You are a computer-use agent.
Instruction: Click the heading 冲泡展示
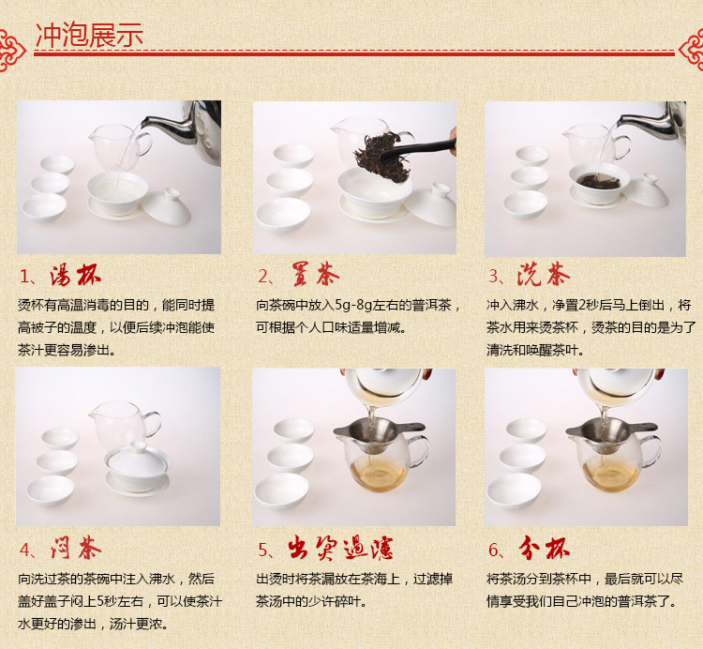[x=89, y=35]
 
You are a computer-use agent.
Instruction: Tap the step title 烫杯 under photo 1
[x=75, y=275]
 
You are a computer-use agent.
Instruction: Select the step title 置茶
[x=315, y=274]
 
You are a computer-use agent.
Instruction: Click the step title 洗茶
[x=544, y=274]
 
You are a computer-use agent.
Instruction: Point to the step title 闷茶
[x=76, y=547]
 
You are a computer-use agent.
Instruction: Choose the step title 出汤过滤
[x=341, y=548]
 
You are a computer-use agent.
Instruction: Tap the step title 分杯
[x=544, y=548]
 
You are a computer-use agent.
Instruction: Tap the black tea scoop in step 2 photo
[x=418, y=149]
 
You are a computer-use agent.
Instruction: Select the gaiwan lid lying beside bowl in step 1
[x=166, y=207]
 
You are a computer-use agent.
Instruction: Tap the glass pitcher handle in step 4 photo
[x=153, y=424]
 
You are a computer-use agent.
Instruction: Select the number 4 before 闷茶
[x=24, y=550]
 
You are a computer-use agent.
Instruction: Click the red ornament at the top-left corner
[x=11, y=50]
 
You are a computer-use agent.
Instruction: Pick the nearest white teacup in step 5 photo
[x=281, y=491]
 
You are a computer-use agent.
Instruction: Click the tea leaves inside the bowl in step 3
[x=599, y=181]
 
